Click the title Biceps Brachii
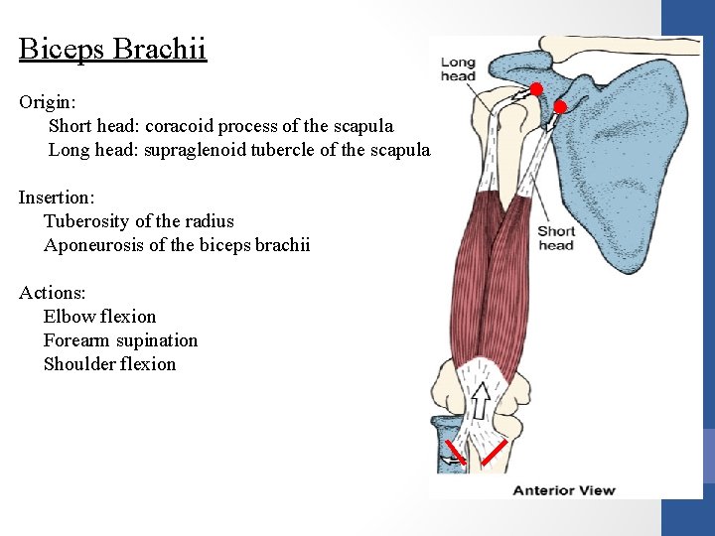pyautogui.click(x=112, y=49)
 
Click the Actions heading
pyautogui.click(x=52, y=293)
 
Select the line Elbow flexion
pyautogui.click(x=99, y=317)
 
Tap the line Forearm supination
pyautogui.click(x=120, y=340)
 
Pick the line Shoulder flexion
pyautogui.click(x=109, y=364)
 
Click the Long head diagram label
pyautogui.click(x=458, y=69)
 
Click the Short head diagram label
pyautogui.click(x=556, y=238)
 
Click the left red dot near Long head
pyautogui.click(x=535, y=90)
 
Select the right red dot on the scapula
pyautogui.click(x=559, y=106)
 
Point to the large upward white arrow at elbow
pyautogui.click(x=481, y=399)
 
